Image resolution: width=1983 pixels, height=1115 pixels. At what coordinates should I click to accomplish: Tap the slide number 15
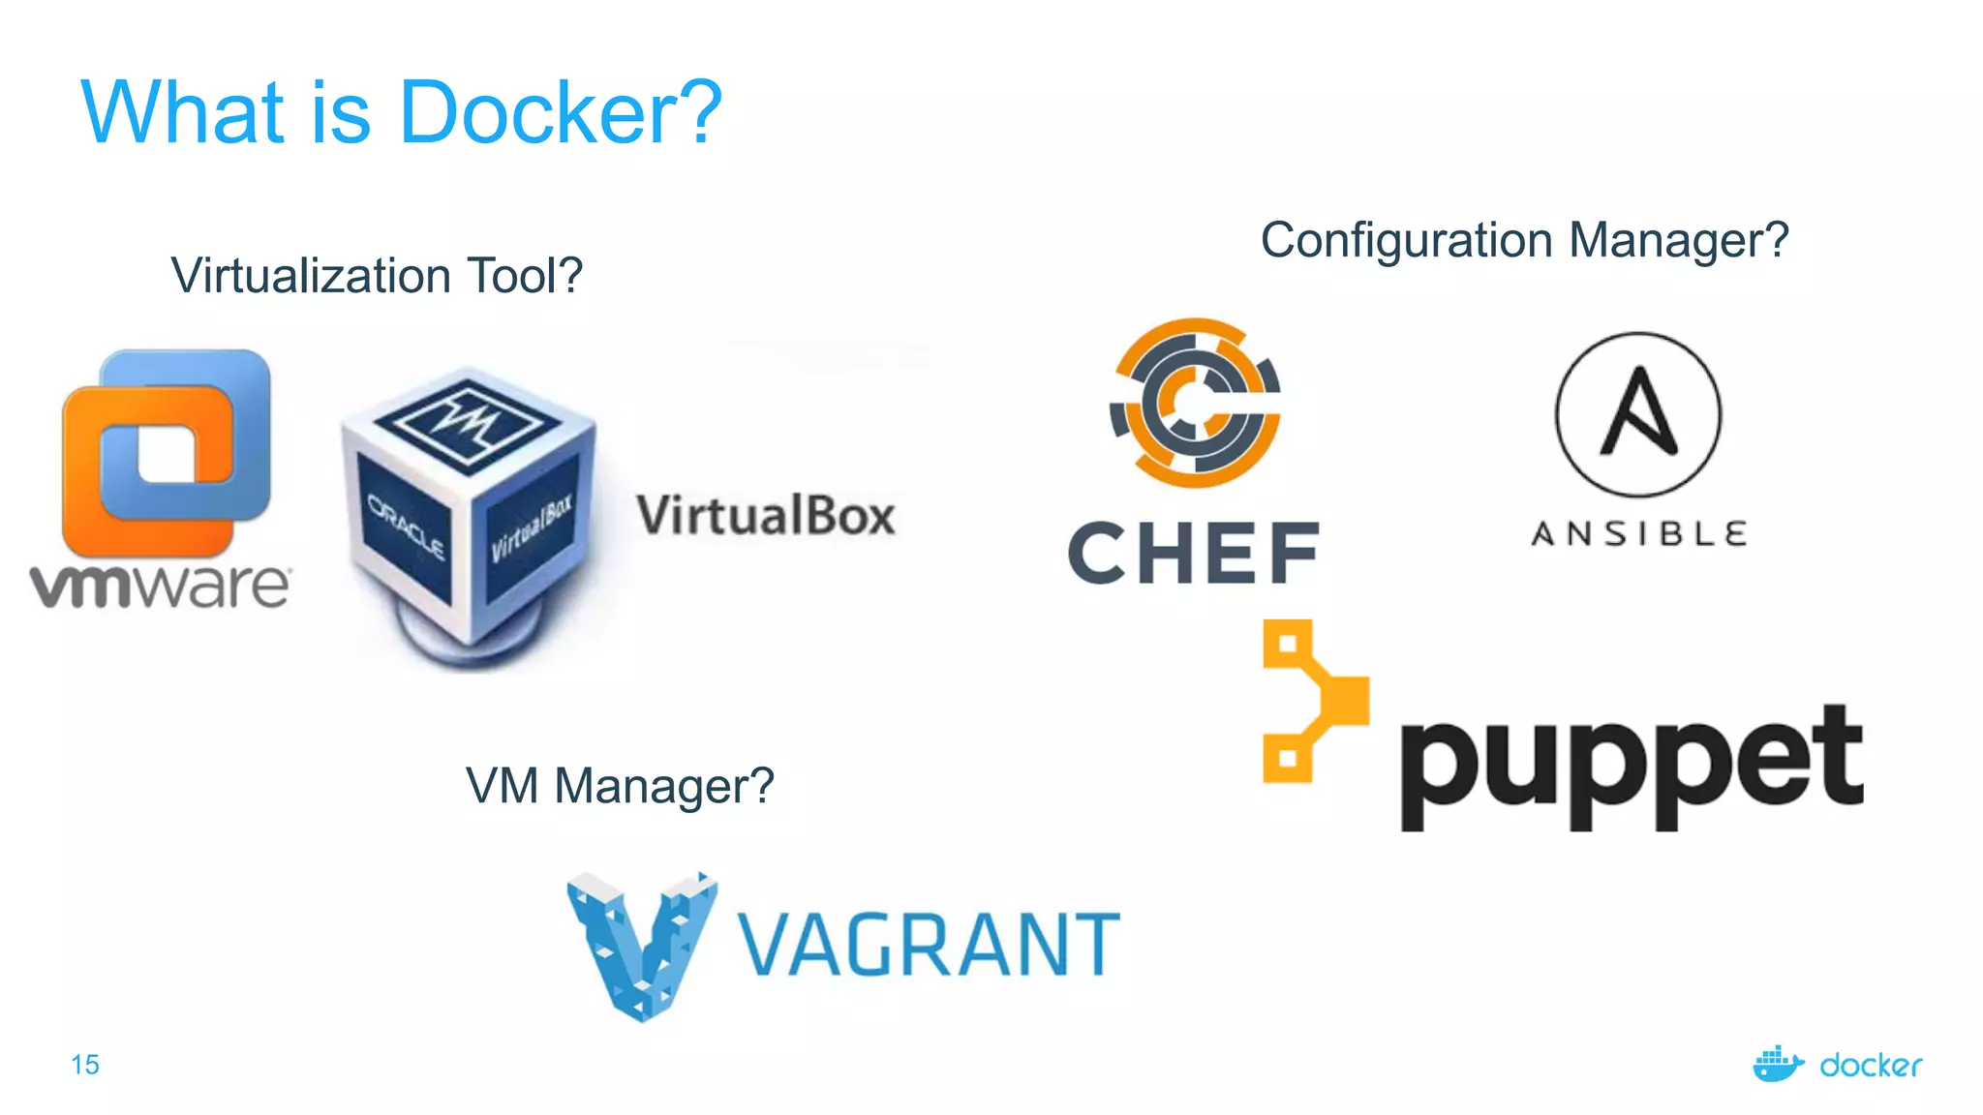(x=85, y=1065)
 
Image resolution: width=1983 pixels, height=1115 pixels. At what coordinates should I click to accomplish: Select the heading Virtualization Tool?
(x=377, y=276)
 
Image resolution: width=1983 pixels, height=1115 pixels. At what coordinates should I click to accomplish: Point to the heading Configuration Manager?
(x=1524, y=240)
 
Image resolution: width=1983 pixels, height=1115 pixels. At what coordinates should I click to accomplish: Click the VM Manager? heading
(x=620, y=785)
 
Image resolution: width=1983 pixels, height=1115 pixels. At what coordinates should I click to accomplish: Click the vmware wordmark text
(x=160, y=585)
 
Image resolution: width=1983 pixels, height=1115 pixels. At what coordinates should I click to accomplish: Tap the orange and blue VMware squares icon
(x=166, y=450)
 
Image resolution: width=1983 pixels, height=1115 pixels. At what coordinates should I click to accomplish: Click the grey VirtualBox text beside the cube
(x=765, y=515)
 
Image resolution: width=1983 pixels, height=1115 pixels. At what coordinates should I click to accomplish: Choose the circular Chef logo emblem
(x=1197, y=402)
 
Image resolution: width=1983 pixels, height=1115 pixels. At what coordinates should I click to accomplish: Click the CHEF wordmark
(x=1194, y=553)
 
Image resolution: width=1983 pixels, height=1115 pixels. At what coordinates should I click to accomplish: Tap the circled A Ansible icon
(x=1638, y=414)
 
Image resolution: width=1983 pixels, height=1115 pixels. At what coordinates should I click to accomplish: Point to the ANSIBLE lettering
(x=1638, y=533)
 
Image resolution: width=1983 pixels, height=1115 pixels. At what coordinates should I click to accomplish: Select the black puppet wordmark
(x=1632, y=765)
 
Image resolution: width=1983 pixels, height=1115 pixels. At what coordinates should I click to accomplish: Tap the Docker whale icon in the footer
(x=1777, y=1064)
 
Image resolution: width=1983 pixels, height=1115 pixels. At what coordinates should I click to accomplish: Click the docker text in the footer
(x=1871, y=1066)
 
